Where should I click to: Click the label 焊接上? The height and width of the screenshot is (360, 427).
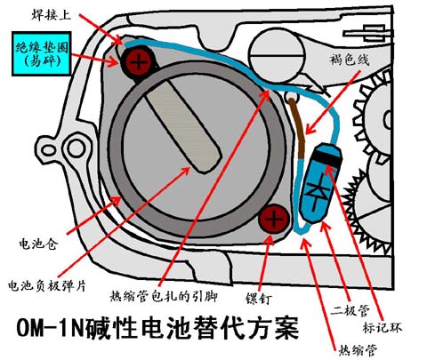point(51,14)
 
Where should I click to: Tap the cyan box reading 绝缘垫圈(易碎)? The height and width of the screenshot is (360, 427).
point(42,53)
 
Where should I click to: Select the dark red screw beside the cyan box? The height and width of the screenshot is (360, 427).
point(138,63)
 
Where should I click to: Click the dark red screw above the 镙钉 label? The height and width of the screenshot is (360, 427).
point(273,220)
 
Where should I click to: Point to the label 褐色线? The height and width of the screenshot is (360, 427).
point(349,60)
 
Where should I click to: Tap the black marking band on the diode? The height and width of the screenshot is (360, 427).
point(327,158)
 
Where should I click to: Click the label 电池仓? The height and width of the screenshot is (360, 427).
point(37,244)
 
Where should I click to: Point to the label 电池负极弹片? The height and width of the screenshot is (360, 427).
point(47,285)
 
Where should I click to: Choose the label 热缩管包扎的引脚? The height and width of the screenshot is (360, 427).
point(164,296)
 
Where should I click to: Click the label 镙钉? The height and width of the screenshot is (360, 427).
point(258,299)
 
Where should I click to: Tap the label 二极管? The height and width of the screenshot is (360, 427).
point(350,310)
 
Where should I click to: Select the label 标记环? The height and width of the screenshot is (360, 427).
point(382,327)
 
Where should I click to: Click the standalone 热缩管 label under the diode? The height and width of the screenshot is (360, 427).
point(358,350)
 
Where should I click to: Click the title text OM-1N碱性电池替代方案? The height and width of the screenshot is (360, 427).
point(157,328)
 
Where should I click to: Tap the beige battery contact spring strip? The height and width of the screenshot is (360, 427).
point(184,127)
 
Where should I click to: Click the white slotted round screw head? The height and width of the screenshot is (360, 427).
point(277,55)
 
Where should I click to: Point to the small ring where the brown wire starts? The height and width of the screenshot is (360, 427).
point(291,96)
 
